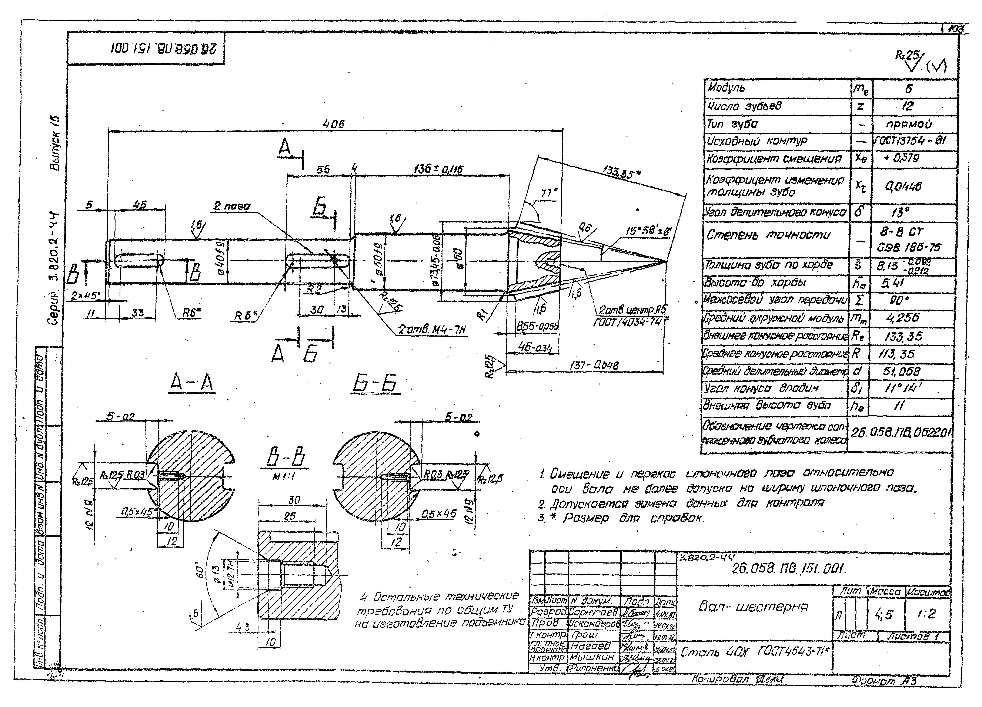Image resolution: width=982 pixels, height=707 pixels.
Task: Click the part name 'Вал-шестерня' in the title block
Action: pyautogui.click(x=753, y=607)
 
